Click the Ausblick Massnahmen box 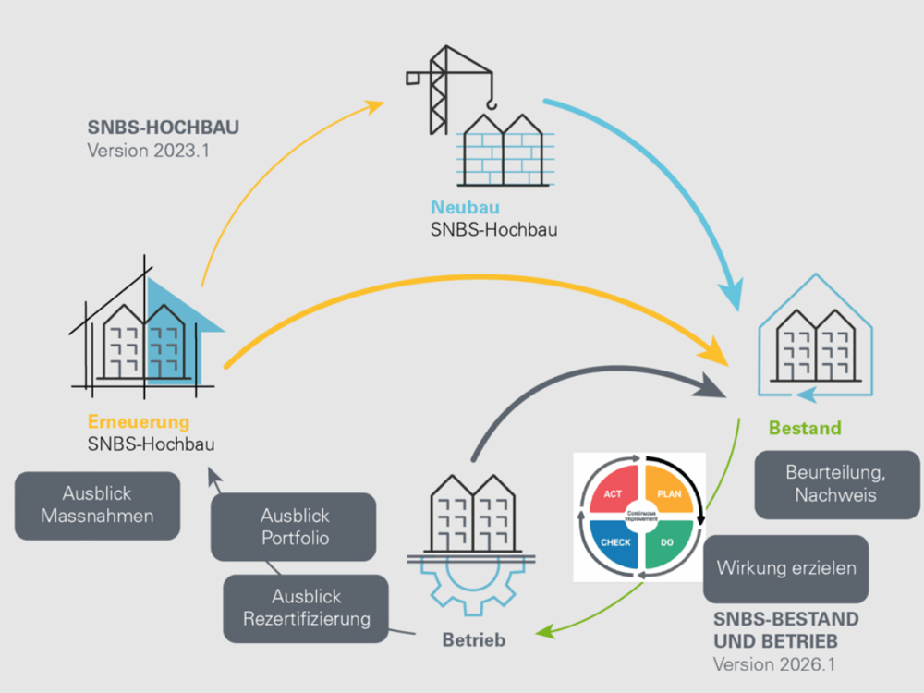tap(97, 505)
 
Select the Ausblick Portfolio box tap(294, 527)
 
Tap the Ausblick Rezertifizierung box tap(307, 608)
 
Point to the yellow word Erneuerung tap(139, 422)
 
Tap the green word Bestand tap(805, 428)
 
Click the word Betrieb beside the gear tap(474, 638)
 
